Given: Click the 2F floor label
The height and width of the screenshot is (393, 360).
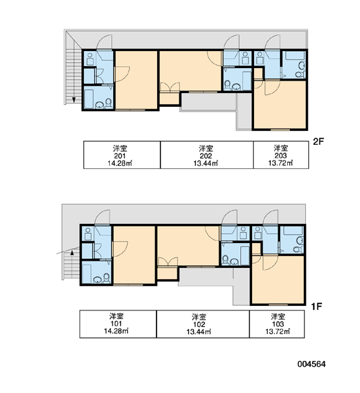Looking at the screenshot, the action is click(318, 141).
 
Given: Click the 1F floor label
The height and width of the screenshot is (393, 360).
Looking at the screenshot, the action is click(316, 307).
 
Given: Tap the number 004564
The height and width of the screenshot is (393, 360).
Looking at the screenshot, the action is click(312, 364).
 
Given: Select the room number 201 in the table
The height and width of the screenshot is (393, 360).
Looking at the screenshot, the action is click(120, 156).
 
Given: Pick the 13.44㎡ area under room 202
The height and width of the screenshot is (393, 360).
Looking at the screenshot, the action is click(206, 163).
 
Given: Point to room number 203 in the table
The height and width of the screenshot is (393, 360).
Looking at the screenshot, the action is click(281, 156).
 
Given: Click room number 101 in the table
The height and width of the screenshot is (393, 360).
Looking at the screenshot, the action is click(117, 324).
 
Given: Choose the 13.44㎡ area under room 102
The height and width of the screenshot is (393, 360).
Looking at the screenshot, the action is click(199, 332).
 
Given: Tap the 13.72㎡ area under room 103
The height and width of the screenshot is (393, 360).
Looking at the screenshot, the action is click(278, 331).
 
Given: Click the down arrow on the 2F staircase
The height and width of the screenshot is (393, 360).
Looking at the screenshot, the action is click(74, 100).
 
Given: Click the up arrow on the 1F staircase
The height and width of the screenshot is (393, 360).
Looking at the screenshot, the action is click(72, 252).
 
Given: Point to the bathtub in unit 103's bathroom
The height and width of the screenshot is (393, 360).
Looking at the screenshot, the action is click(292, 231).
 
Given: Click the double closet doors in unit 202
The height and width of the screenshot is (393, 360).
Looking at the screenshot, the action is click(170, 88).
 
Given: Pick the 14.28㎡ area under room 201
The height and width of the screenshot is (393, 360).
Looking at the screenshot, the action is click(120, 163).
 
